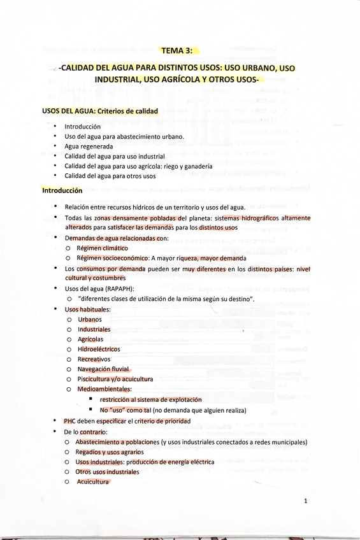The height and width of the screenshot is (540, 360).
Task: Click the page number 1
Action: (x=306, y=501)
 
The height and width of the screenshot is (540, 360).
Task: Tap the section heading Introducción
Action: (x=62, y=190)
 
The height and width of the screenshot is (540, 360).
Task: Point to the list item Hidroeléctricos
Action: (x=99, y=349)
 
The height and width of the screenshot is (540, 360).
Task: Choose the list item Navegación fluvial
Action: (x=104, y=369)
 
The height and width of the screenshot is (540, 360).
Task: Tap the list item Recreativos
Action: (x=94, y=359)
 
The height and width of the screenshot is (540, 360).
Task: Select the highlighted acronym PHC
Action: (x=70, y=421)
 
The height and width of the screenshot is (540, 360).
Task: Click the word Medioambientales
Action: (x=104, y=388)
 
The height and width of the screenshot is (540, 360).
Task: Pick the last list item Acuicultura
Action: (x=93, y=481)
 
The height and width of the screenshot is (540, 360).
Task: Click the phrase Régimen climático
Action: (x=102, y=248)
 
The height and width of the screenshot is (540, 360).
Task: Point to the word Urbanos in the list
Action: (x=90, y=319)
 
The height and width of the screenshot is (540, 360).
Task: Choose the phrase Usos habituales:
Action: (x=87, y=309)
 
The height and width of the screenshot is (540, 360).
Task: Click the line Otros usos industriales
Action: (x=107, y=472)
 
